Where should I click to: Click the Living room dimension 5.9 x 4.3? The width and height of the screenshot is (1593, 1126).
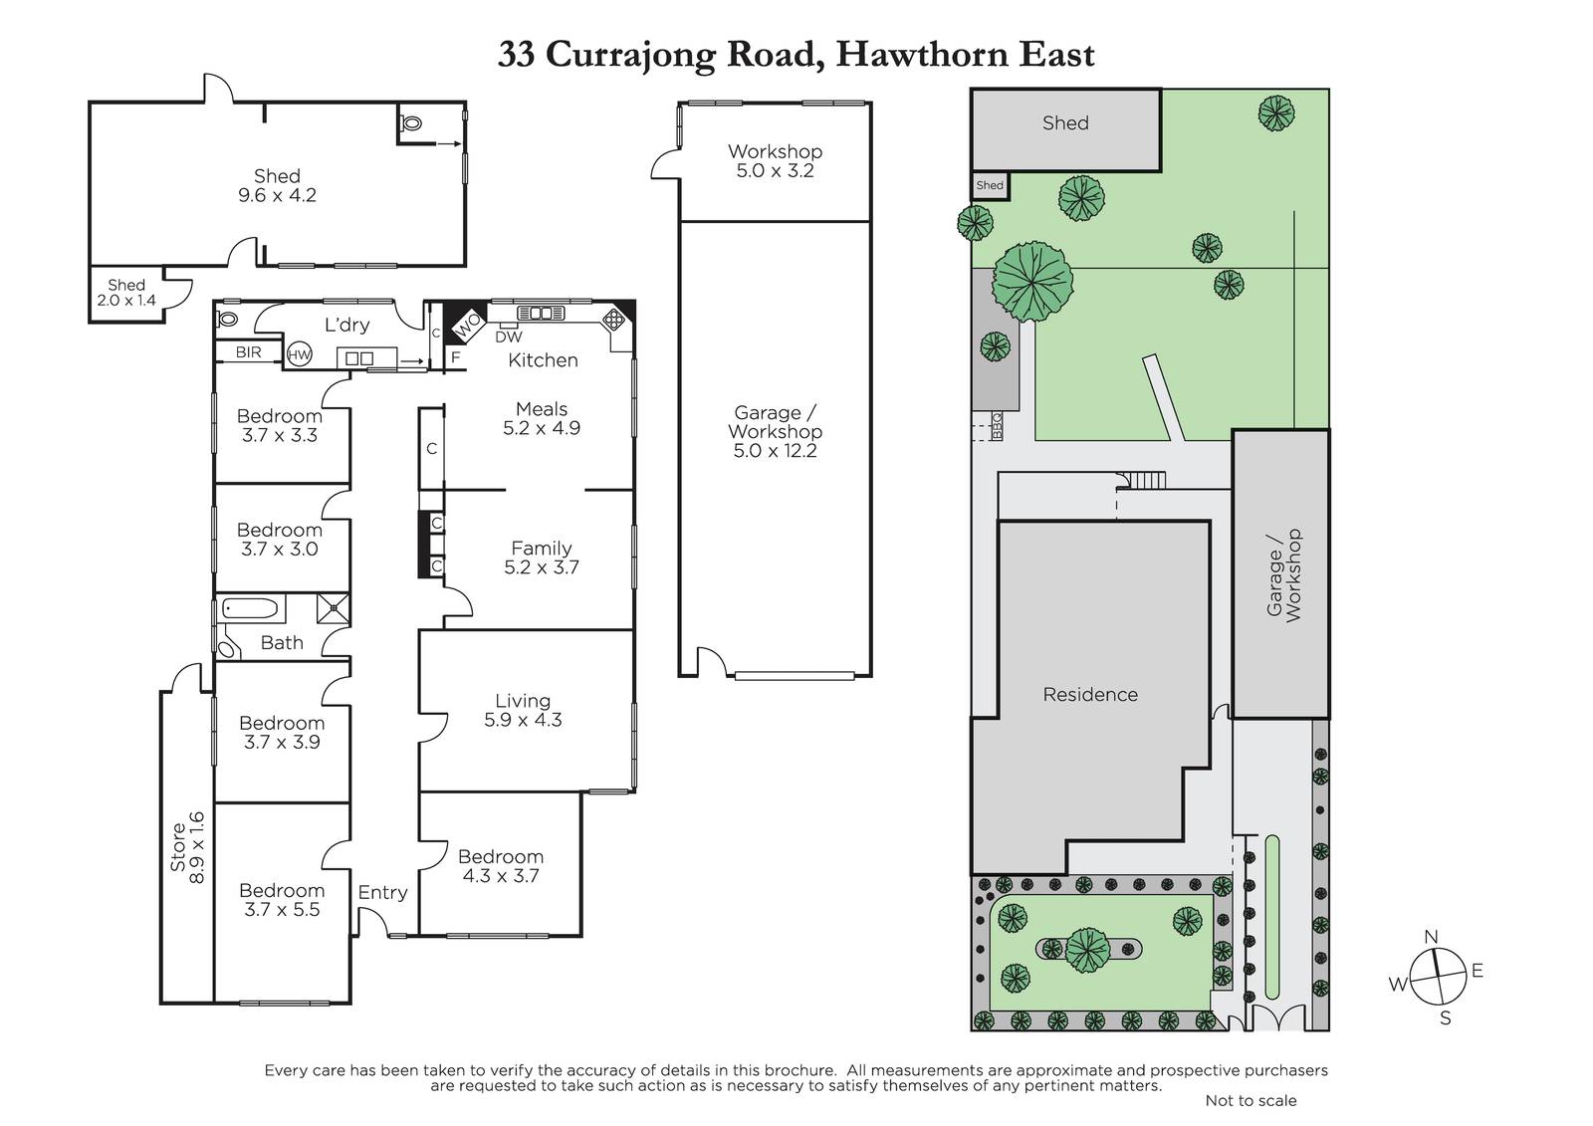[x=523, y=720]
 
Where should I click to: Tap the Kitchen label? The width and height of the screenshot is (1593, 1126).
[x=543, y=360]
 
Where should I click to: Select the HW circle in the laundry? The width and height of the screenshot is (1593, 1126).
[x=300, y=355]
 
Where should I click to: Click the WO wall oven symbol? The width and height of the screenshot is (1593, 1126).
[x=468, y=327]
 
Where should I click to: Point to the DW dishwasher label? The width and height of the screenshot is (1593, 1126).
[x=509, y=338]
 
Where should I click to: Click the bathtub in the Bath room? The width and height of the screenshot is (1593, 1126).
[x=250, y=609]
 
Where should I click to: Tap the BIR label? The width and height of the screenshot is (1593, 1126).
[x=248, y=352]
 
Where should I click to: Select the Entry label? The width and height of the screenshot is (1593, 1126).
[x=382, y=893]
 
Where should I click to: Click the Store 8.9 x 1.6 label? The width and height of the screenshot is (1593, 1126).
[x=187, y=848]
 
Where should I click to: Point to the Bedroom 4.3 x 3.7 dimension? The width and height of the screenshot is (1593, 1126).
[x=501, y=876]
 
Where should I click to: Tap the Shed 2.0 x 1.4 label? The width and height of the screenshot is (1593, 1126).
[x=126, y=293]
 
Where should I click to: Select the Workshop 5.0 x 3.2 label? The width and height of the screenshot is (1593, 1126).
[x=776, y=160]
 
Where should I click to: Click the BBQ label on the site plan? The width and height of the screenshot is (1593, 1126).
[x=997, y=426]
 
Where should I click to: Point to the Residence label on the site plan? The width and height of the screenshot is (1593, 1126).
[x=1090, y=694]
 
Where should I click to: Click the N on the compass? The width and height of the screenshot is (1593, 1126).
[x=1432, y=937]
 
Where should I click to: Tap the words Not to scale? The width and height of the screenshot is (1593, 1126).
[x=1251, y=1100]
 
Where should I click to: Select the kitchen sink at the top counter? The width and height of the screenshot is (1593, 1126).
[x=541, y=313]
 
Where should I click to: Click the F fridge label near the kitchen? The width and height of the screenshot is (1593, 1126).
[x=456, y=357]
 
